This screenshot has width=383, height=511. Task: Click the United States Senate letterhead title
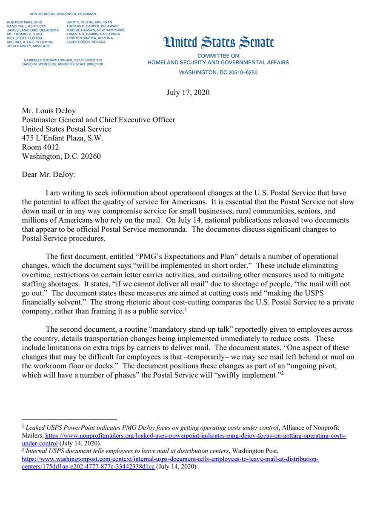(x=218, y=43)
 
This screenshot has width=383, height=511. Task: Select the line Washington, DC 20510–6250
(x=218, y=72)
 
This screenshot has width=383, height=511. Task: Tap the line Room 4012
(x=40, y=147)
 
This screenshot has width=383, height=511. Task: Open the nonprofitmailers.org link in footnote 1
(x=196, y=436)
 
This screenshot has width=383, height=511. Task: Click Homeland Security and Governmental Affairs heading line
(x=218, y=63)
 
